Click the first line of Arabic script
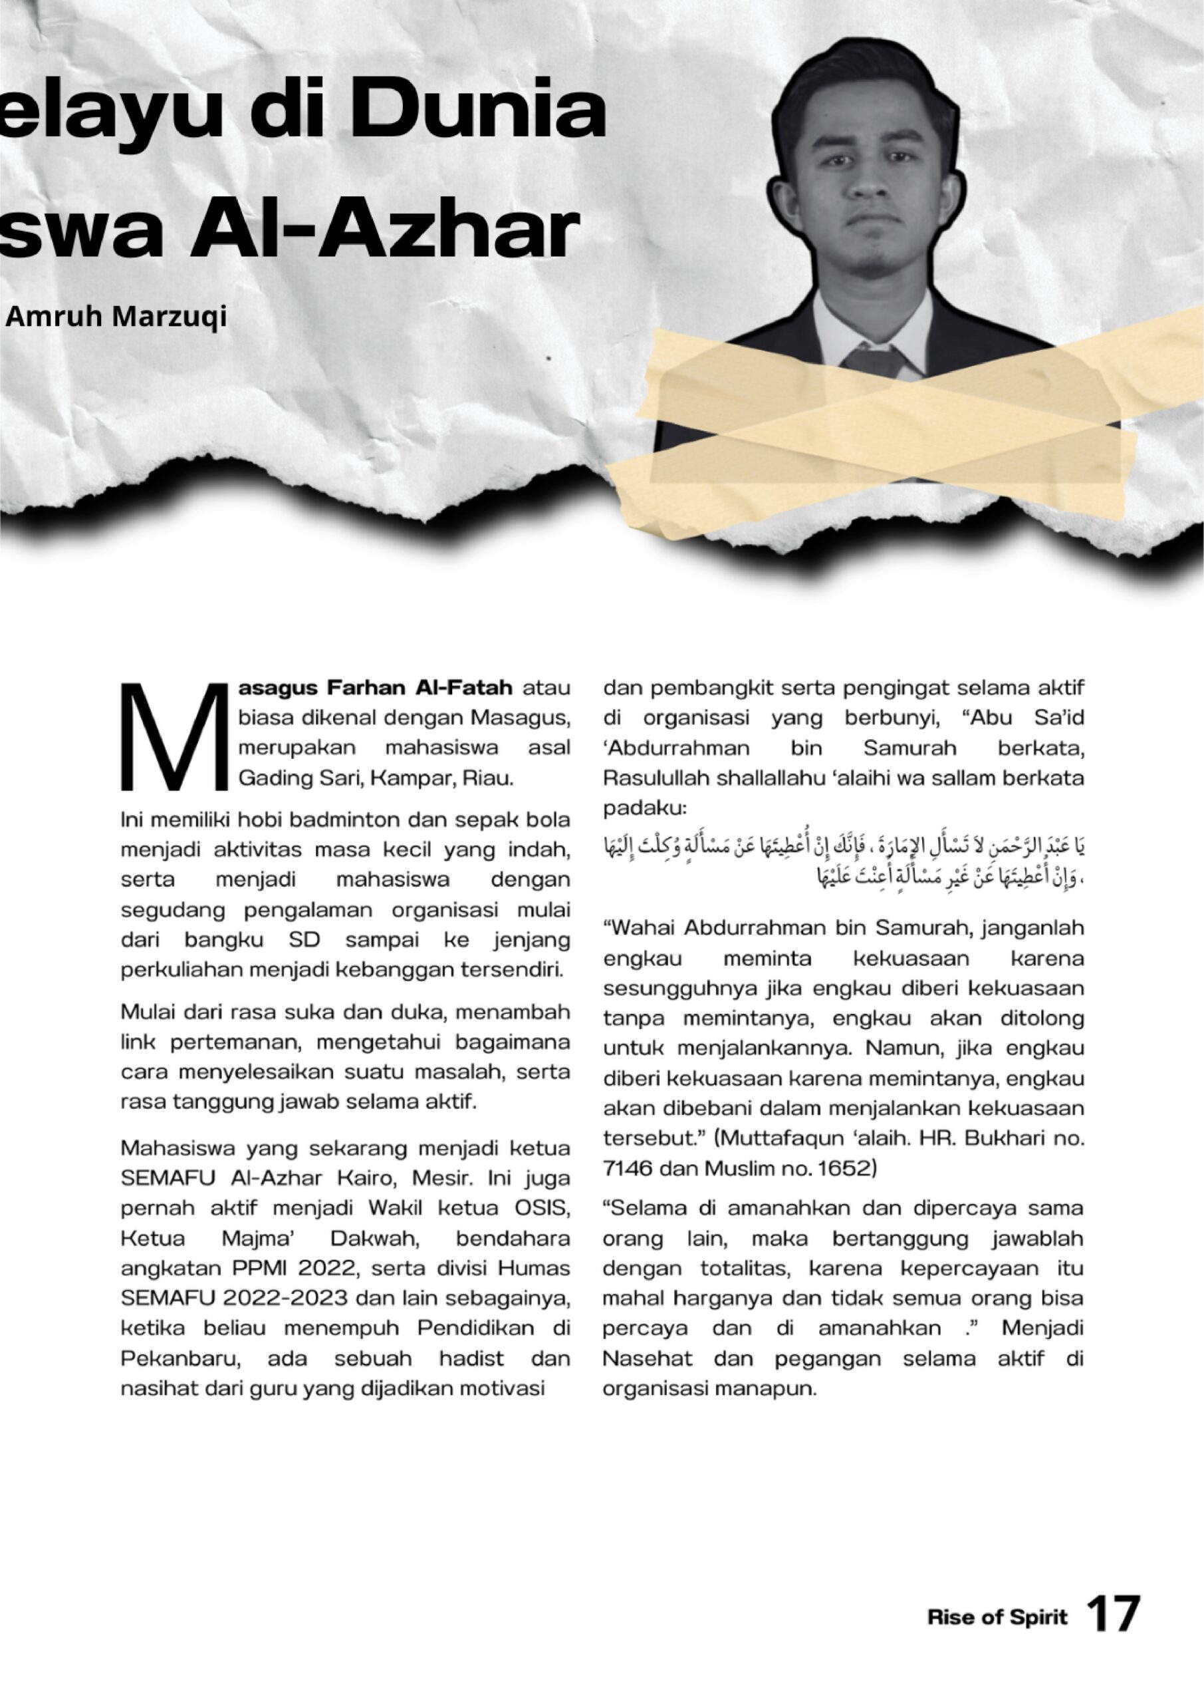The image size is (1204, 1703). pos(844,846)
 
